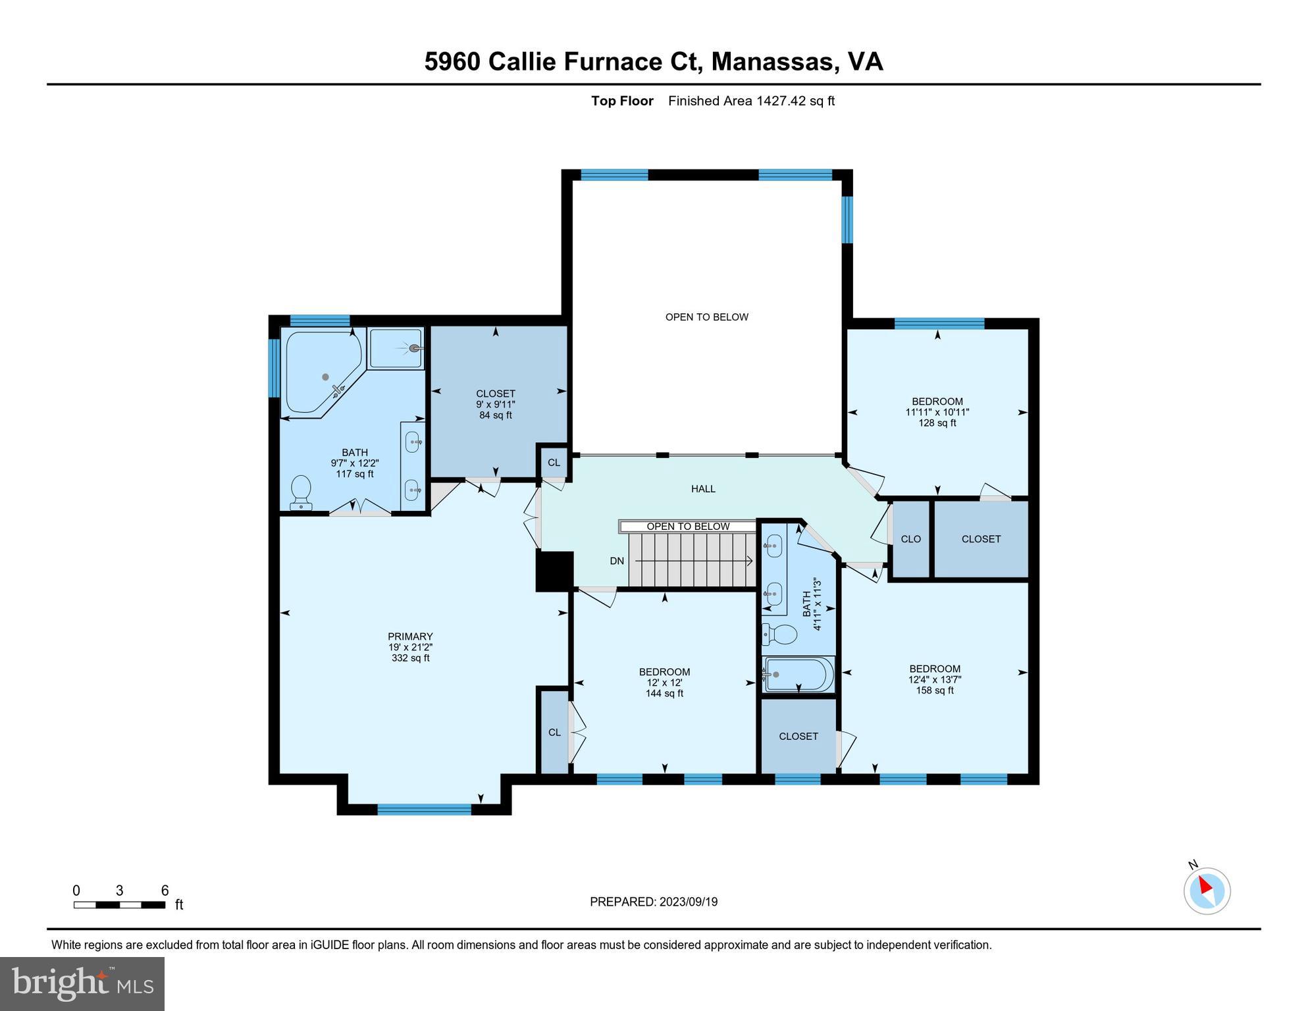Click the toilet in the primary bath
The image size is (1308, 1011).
pos(301,492)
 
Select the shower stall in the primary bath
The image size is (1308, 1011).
pos(396,349)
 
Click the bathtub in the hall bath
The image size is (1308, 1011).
pos(798,674)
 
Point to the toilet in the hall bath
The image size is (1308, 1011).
pos(781,635)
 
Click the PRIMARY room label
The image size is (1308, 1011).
pos(410,636)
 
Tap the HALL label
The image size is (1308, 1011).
pos(703,489)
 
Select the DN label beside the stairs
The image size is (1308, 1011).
pos(617,561)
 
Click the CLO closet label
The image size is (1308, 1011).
pos(910,539)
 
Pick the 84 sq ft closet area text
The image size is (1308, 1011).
pos(496,415)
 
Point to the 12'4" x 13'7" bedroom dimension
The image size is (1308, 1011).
pos(935,679)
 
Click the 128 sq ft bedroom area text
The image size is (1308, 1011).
pos(937,423)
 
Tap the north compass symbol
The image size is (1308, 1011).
pos(1207,891)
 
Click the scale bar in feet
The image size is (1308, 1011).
pos(119,905)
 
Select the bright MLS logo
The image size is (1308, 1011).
pos(82,983)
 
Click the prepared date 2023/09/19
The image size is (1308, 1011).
pos(685,902)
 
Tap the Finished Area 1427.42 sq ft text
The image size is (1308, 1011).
pos(751,101)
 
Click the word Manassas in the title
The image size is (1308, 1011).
pos(774,61)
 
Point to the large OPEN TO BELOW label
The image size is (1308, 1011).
pos(706,317)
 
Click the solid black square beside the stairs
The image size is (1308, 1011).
pos(554,571)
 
